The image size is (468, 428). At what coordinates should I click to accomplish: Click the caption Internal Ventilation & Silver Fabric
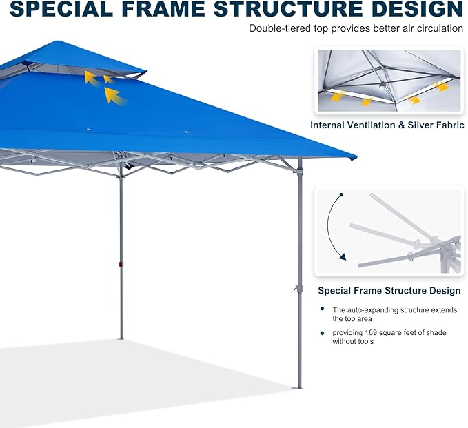click(x=387, y=125)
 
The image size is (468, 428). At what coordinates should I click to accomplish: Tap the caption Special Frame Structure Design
click(x=389, y=291)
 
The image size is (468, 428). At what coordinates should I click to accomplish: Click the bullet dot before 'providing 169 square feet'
click(x=323, y=333)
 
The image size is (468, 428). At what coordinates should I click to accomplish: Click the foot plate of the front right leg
click(x=297, y=387)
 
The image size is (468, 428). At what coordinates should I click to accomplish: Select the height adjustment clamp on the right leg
click(x=299, y=289)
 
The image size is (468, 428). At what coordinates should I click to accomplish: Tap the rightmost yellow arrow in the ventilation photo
click(x=441, y=88)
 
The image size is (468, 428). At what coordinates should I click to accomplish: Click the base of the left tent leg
click(x=121, y=337)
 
